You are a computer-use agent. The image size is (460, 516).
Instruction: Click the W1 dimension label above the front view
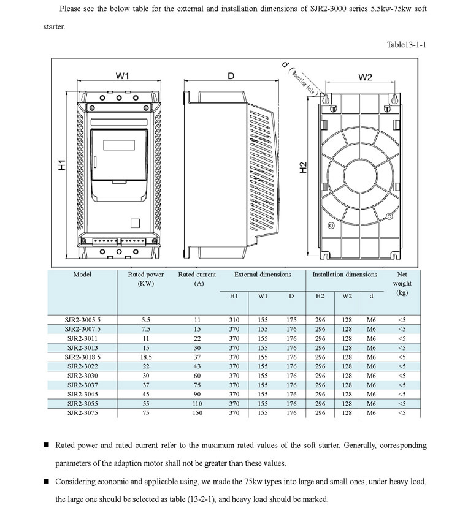pyautogui.click(x=123, y=76)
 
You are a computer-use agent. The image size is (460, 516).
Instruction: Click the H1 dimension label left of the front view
pyautogui.click(x=62, y=166)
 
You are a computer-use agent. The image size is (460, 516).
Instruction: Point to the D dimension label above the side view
pyautogui.click(x=231, y=76)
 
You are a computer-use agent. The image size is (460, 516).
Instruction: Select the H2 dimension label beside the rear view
pyautogui.click(x=302, y=166)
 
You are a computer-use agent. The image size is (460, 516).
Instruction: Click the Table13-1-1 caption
pyautogui.click(x=406, y=44)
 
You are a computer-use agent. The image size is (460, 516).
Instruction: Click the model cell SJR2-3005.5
pyautogui.click(x=83, y=320)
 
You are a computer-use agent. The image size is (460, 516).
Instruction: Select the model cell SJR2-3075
pyautogui.click(x=83, y=413)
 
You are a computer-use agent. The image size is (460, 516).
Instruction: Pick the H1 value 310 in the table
pyautogui.click(x=234, y=320)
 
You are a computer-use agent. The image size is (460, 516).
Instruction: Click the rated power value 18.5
pyautogui.click(x=145, y=357)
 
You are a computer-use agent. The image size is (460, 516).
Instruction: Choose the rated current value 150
pyautogui.click(x=197, y=413)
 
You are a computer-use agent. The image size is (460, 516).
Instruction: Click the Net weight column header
pyautogui.click(x=402, y=283)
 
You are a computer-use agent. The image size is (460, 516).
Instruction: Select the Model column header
pyautogui.click(x=83, y=275)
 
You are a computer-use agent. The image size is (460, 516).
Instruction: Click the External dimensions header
pyautogui.click(x=263, y=275)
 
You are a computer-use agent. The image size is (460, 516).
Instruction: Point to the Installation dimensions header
pyautogui.click(x=345, y=275)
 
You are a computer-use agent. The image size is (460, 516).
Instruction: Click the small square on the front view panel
pyautogui.click(x=136, y=224)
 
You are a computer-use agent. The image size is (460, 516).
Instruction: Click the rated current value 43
pyautogui.click(x=197, y=366)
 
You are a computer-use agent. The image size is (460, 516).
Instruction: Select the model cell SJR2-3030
pyautogui.click(x=83, y=376)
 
